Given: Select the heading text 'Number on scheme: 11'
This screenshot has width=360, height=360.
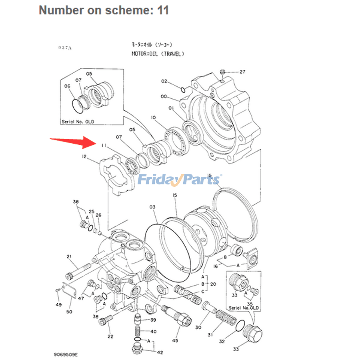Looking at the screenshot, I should pos(104,10).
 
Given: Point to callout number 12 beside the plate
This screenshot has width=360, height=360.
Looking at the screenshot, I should pos(84,157).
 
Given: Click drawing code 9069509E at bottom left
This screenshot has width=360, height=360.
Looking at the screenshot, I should pos(66,354).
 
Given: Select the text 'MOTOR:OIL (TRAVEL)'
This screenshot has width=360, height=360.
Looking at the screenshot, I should pos(158,54).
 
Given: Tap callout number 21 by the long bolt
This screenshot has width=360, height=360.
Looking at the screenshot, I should pos(69,256).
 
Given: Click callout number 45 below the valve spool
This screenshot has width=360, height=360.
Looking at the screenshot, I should pos(175,340).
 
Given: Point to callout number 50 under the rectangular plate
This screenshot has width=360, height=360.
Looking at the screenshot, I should pos(69,312).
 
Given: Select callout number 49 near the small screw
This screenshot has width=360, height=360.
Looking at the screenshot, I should pos(58,305).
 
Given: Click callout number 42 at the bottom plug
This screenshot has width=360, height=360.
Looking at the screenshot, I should pos(160,352).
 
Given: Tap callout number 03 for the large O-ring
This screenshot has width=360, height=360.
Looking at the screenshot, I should pos(152,207).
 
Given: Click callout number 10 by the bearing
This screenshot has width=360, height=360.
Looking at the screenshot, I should pos(153,117).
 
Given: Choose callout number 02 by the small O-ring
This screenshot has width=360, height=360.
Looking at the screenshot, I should pos(164,81).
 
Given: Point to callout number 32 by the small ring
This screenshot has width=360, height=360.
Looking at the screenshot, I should pos(222,341).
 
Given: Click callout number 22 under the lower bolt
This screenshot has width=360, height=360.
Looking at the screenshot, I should pos(110,336).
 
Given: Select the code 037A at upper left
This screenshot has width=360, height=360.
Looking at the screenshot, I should pos(64,48).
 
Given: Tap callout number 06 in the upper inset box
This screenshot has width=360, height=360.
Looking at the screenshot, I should pos(67,86).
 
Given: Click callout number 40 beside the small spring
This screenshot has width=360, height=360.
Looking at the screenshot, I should pos(153,332).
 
